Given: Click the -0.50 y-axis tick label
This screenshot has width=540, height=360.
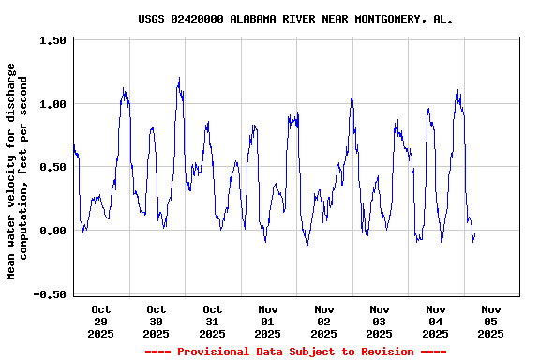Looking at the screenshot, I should click(x=50, y=294).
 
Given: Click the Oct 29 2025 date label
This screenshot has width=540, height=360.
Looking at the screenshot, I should click(x=100, y=321).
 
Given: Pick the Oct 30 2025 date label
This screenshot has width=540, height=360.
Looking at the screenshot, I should click(x=157, y=321).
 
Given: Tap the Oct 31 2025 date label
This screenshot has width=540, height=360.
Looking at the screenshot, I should click(x=212, y=321).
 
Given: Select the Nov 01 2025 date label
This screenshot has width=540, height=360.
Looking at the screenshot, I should click(x=268, y=321).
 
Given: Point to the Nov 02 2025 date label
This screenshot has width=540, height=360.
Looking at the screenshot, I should click(x=323, y=321).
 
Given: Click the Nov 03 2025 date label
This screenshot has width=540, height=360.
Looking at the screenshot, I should click(x=380, y=321).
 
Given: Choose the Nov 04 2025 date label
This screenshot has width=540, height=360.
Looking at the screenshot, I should click(x=435, y=321).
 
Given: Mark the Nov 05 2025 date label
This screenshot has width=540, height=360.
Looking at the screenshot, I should click(x=491, y=321).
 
